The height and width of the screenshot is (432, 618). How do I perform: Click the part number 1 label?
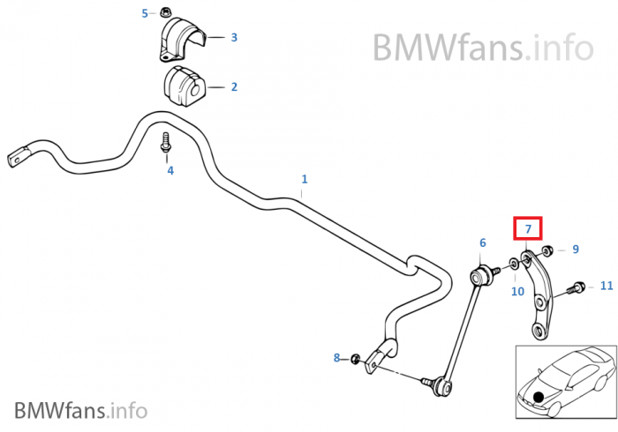[x=305, y=179]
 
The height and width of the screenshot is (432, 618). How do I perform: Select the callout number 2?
[x=234, y=87]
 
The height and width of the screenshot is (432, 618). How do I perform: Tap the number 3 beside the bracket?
[x=234, y=37]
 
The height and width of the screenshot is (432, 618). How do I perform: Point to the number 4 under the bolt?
[x=170, y=171]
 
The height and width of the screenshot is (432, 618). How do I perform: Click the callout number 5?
[x=145, y=14]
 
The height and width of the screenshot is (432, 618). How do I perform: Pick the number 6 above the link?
[x=483, y=243]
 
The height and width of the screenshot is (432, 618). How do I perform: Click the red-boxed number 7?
[x=528, y=228]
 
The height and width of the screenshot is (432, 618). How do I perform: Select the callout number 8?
[x=336, y=358]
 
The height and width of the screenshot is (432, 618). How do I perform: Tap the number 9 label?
[x=576, y=250]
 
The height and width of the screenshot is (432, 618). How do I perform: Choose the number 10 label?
[x=517, y=292]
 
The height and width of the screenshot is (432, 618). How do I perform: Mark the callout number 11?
[x=607, y=286]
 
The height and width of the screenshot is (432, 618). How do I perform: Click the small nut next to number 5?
[x=163, y=12]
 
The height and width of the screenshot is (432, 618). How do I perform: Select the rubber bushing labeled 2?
[x=183, y=86]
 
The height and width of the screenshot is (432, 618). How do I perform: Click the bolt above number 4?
[x=166, y=143]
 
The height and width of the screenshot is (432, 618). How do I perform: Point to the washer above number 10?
[x=515, y=264]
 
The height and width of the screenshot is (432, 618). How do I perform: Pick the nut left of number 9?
[x=547, y=250]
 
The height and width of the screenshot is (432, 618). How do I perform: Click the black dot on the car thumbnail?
[x=538, y=397]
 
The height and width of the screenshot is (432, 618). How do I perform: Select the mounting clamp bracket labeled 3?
[x=182, y=39]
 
